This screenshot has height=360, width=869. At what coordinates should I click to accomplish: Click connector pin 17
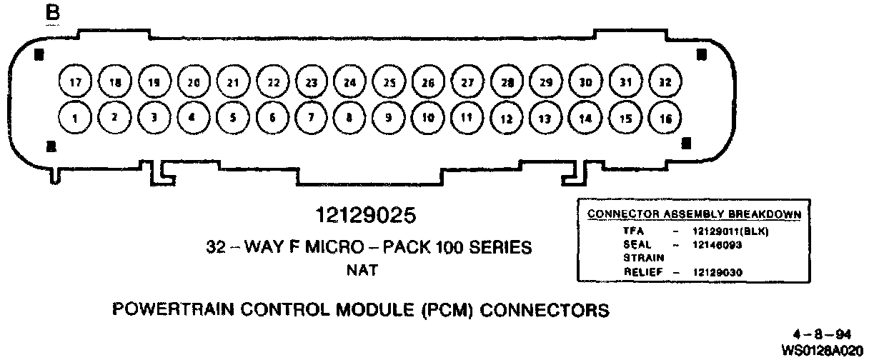pyautogui.click(x=74, y=82)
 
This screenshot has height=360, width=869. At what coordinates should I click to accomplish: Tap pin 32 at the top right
pyautogui.click(x=665, y=82)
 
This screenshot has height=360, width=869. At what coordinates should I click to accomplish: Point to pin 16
pyautogui.click(x=665, y=119)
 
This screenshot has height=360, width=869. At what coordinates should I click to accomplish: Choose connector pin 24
pyautogui.click(x=349, y=82)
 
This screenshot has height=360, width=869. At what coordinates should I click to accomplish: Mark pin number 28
pyautogui.click(x=507, y=82)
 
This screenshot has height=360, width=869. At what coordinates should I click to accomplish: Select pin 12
pyautogui.click(x=507, y=119)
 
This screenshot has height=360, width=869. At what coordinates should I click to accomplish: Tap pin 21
pyautogui.click(x=232, y=82)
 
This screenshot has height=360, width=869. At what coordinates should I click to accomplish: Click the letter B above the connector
pyautogui.click(x=52, y=14)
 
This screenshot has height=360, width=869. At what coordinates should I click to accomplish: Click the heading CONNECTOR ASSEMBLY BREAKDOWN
pyautogui.click(x=694, y=214)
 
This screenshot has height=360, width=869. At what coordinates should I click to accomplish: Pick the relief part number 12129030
pyautogui.click(x=717, y=272)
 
